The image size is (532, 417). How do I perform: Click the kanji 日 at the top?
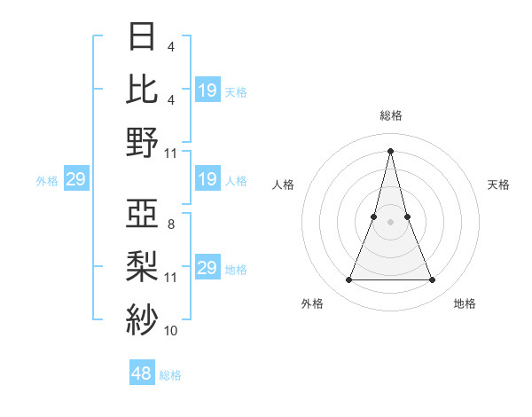(x=142, y=38)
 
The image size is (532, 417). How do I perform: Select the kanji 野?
(x=142, y=142)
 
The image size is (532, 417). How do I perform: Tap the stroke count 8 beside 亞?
(x=170, y=224)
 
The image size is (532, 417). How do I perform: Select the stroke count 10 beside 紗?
(x=171, y=330)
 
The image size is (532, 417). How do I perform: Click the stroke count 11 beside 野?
(x=171, y=153)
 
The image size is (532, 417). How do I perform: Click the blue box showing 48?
(x=142, y=374)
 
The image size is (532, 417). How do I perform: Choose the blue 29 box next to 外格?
(x=75, y=180)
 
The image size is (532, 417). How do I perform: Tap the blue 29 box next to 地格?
(x=207, y=268)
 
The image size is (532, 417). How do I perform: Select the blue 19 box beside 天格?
(x=207, y=90)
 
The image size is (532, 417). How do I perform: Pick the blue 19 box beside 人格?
(x=207, y=180)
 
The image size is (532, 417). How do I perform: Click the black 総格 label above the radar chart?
(x=390, y=115)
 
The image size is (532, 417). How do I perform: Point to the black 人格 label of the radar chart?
(x=284, y=185)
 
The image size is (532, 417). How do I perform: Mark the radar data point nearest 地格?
(x=433, y=280)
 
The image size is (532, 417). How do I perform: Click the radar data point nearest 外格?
(x=348, y=280)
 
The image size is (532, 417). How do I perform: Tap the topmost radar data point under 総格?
(x=390, y=151)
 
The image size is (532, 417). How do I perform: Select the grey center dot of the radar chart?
(x=390, y=223)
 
